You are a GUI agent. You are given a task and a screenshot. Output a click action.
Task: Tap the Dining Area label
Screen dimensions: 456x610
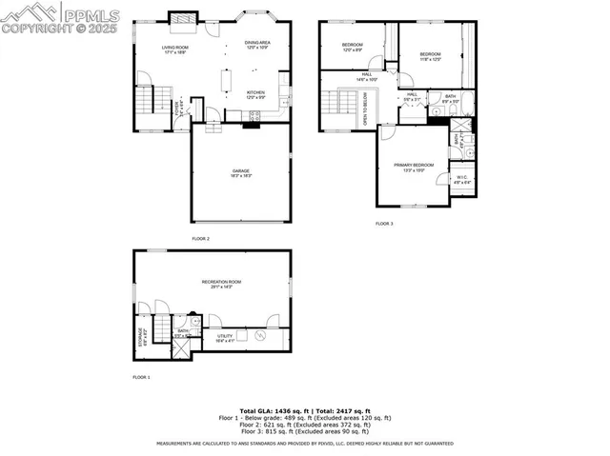[258, 44]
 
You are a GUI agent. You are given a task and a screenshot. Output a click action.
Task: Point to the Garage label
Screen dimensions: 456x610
[240, 173]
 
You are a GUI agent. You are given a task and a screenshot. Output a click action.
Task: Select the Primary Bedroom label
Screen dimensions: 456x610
[414, 168]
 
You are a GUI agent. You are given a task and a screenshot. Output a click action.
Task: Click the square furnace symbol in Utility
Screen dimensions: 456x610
[240, 333]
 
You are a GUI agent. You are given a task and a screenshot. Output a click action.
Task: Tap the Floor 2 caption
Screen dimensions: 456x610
[200, 238]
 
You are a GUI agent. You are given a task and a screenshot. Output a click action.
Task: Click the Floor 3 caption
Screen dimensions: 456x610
[383, 224]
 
